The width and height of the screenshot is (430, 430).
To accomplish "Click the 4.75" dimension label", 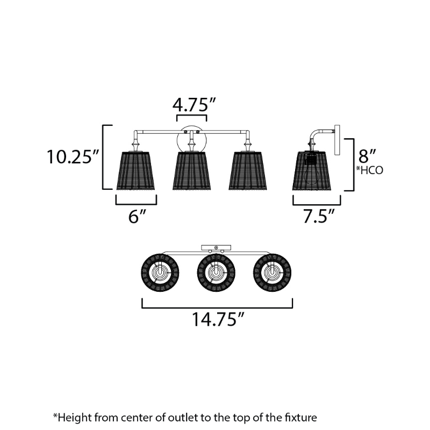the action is (194, 104).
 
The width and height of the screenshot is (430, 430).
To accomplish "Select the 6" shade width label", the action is (137, 217).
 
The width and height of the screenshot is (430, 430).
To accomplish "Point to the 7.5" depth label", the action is (319, 216).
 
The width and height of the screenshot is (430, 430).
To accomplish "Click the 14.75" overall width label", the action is (218, 319).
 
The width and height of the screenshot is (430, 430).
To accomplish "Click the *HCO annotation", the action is (369, 170).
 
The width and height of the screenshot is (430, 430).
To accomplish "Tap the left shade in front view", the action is (135, 170).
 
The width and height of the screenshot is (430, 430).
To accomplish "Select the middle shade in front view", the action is (192, 170).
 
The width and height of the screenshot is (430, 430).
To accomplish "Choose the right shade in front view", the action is (248, 170).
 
